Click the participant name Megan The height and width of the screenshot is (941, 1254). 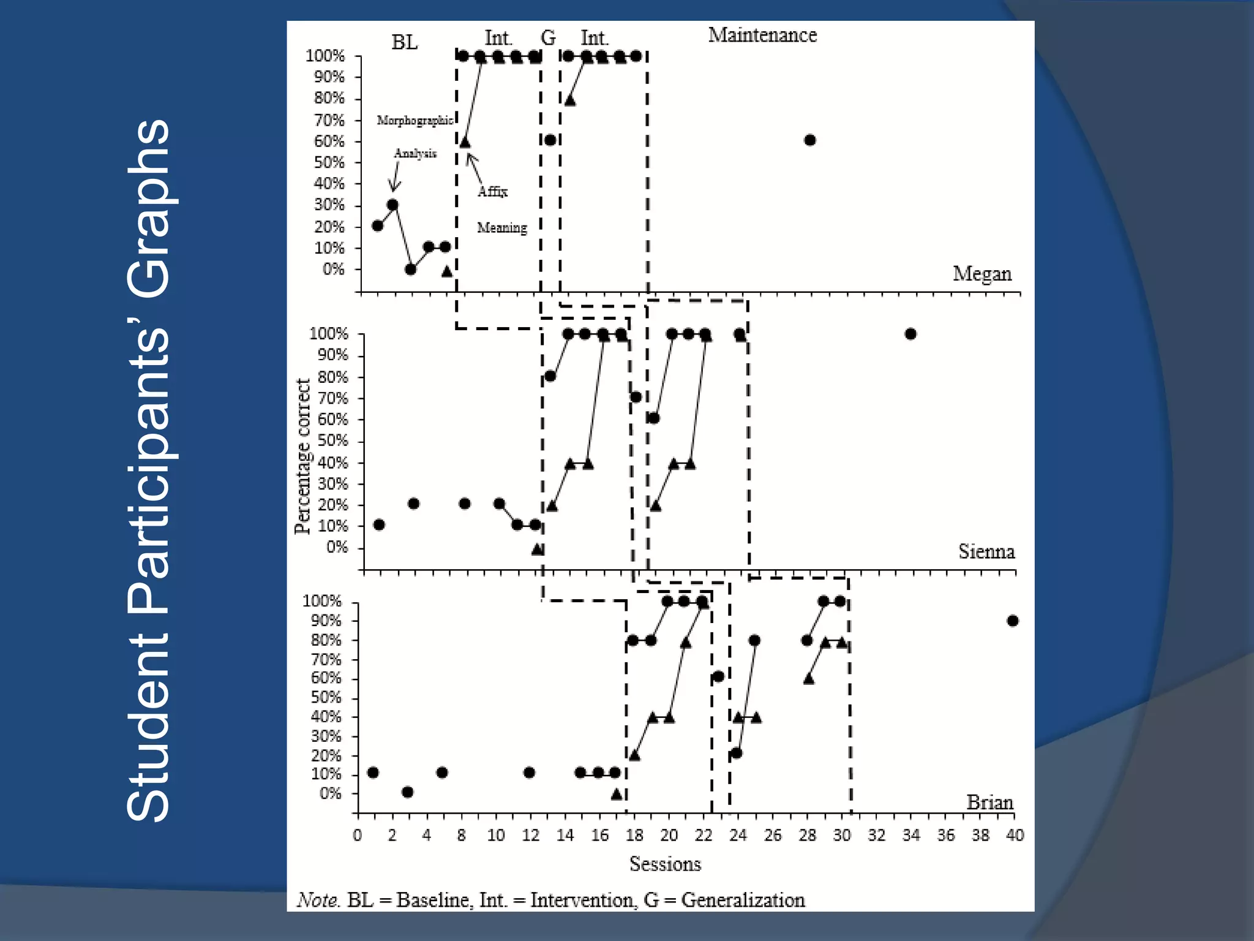(982, 274)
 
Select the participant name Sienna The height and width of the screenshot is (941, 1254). (986, 551)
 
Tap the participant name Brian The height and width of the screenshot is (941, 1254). (989, 802)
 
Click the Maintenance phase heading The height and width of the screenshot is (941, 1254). (762, 36)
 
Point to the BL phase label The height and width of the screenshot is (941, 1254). (404, 42)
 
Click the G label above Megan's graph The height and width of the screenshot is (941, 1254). (548, 38)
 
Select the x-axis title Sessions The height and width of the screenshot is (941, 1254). (665, 864)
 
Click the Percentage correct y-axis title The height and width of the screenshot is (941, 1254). (302, 456)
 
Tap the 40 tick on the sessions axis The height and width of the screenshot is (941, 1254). (1015, 835)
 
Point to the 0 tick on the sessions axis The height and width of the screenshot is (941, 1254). (358, 835)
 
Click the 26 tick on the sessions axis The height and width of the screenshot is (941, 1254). (773, 835)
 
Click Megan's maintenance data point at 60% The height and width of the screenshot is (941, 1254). (809, 140)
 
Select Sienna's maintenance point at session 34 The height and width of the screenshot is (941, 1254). (910, 334)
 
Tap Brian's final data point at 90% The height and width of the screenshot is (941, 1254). (1013, 621)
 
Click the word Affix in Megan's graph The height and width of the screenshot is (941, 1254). (492, 192)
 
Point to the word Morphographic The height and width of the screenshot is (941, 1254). (415, 120)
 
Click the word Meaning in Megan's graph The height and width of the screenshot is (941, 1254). (501, 228)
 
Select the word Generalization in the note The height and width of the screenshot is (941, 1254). (743, 900)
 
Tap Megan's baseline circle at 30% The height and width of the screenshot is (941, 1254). (392, 205)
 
